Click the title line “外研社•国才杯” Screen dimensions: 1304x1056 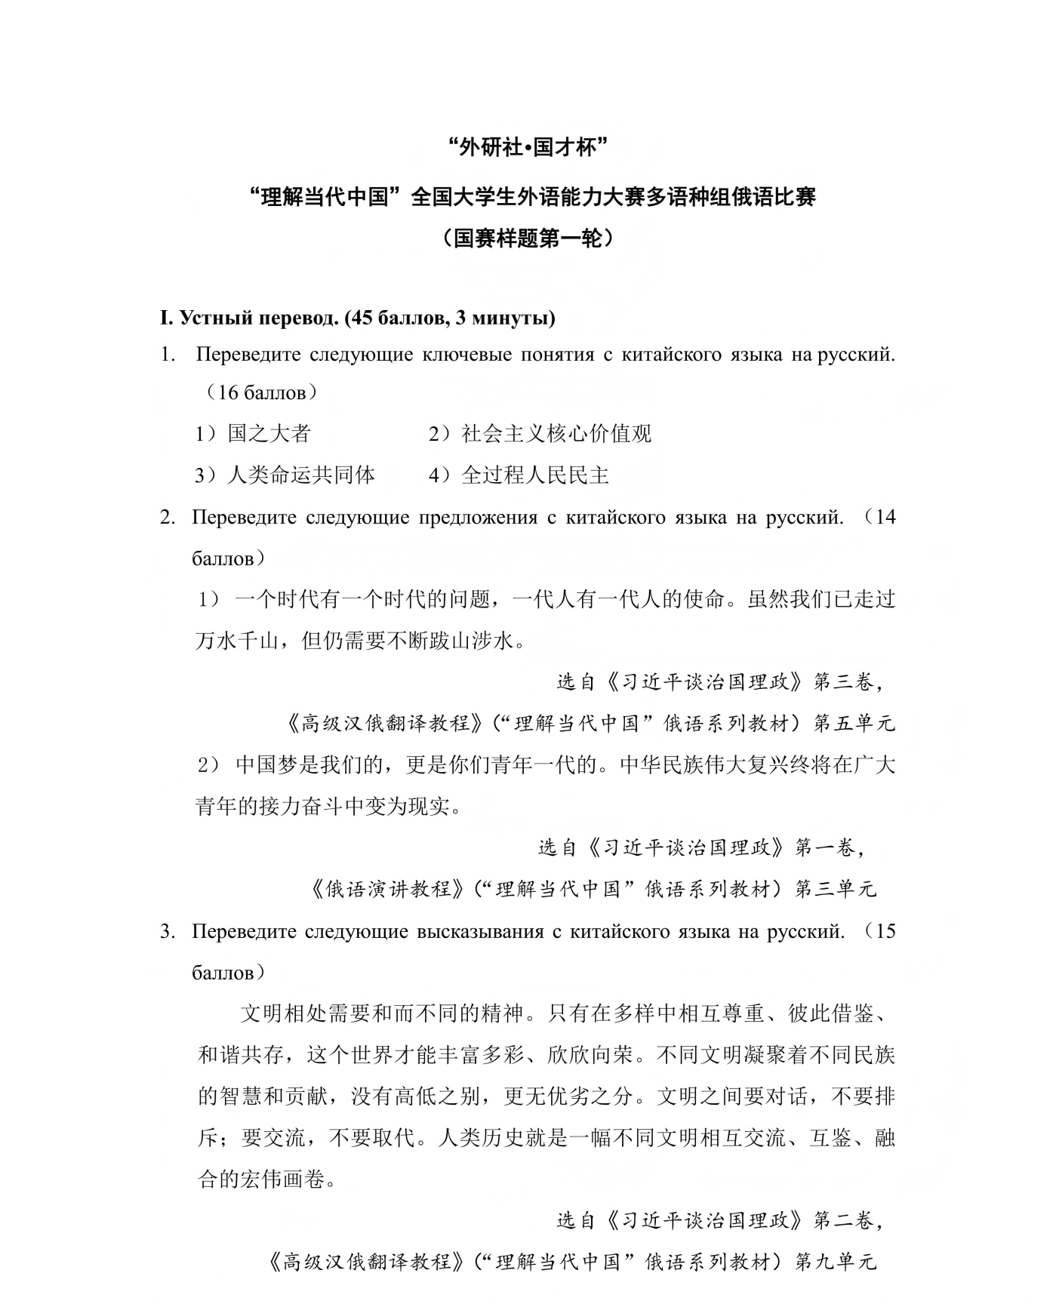[x=528, y=148]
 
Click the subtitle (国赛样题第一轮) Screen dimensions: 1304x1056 [x=528, y=239]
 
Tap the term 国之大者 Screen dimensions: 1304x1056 [x=269, y=434]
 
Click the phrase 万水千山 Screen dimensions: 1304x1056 [x=237, y=641]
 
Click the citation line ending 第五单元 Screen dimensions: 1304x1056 [x=590, y=724]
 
